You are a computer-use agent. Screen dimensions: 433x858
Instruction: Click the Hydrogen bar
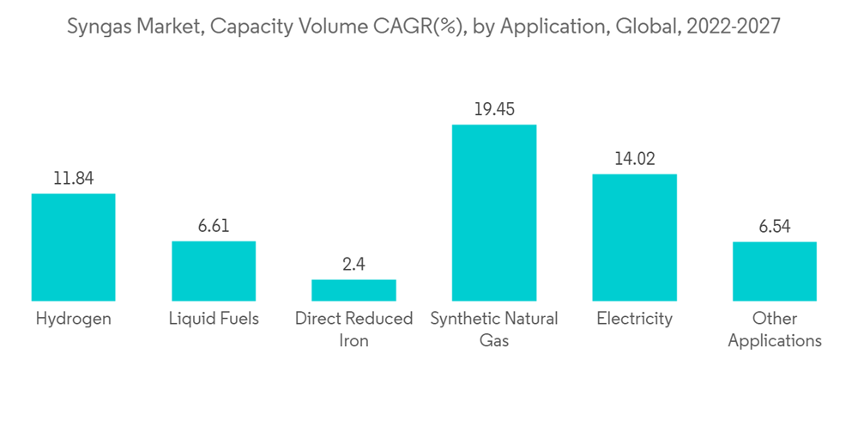(x=73, y=247)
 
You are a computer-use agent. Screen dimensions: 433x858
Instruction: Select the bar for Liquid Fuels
(x=214, y=271)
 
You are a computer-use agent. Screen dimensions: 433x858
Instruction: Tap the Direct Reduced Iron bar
(x=353, y=290)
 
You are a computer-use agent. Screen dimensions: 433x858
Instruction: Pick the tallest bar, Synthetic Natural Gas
(x=494, y=213)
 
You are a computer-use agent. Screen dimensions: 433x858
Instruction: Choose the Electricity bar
(x=634, y=237)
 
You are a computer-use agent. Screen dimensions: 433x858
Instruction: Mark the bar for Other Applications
(x=774, y=271)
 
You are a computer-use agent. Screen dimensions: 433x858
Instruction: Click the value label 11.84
(x=73, y=179)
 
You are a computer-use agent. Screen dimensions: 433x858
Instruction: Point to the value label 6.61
(x=214, y=226)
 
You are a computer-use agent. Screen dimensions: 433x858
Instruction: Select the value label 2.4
(x=353, y=265)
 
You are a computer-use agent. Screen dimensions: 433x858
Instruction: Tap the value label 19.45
(x=494, y=110)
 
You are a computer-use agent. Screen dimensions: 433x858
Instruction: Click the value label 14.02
(x=634, y=159)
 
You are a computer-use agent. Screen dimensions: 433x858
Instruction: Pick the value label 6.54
(x=774, y=227)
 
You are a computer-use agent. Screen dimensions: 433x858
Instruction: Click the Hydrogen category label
(x=73, y=319)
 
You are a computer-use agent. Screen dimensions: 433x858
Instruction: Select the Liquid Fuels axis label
(x=214, y=319)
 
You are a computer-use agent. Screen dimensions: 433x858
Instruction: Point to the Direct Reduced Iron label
(x=353, y=329)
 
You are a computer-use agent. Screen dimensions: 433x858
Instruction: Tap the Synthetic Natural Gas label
(x=494, y=329)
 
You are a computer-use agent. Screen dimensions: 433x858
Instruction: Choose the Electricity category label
(x=634, y=319)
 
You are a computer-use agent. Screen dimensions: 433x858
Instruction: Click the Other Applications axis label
(x=774, y=329)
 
